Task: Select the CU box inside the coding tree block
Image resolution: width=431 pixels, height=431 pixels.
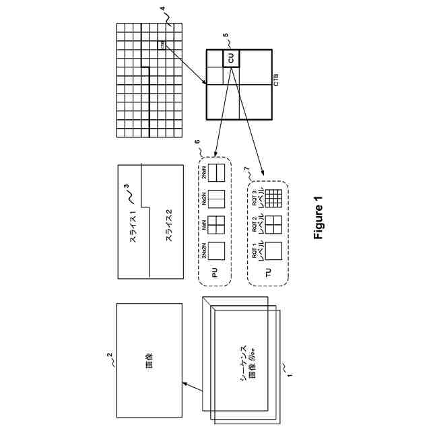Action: point(231,59)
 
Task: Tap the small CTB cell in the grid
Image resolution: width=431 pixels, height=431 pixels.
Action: point(163,45)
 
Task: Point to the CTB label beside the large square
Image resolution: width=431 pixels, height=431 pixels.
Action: point(275,81)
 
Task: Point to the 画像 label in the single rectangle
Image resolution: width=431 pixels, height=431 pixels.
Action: point(149,360)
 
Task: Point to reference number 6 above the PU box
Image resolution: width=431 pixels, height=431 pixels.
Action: point(197,143)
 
